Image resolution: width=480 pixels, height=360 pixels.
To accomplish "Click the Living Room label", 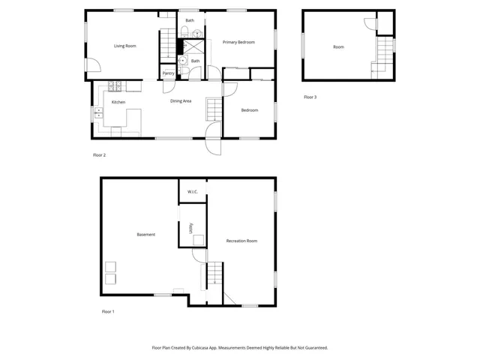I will tap(124, 46).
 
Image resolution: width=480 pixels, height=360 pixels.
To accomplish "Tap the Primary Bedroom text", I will tap(240, 43).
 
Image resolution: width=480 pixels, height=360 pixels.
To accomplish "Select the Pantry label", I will tap(168, 73).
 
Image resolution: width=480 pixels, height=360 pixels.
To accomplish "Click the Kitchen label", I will tap(118, 102).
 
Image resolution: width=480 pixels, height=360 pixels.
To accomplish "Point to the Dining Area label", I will tap(181, 101).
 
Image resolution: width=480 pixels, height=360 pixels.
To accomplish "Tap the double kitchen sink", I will tap(98, 114).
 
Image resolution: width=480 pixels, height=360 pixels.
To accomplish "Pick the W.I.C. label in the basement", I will tap(192, 192).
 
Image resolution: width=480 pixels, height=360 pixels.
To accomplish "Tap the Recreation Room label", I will tap(241, 241).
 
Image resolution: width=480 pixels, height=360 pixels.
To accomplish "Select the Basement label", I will tap(146, 235).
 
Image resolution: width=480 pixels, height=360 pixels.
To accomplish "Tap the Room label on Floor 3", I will tap(338, 47).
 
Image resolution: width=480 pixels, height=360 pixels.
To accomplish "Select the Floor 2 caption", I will tap(99, 155).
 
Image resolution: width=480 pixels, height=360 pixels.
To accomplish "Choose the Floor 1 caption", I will tap(108, 311).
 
